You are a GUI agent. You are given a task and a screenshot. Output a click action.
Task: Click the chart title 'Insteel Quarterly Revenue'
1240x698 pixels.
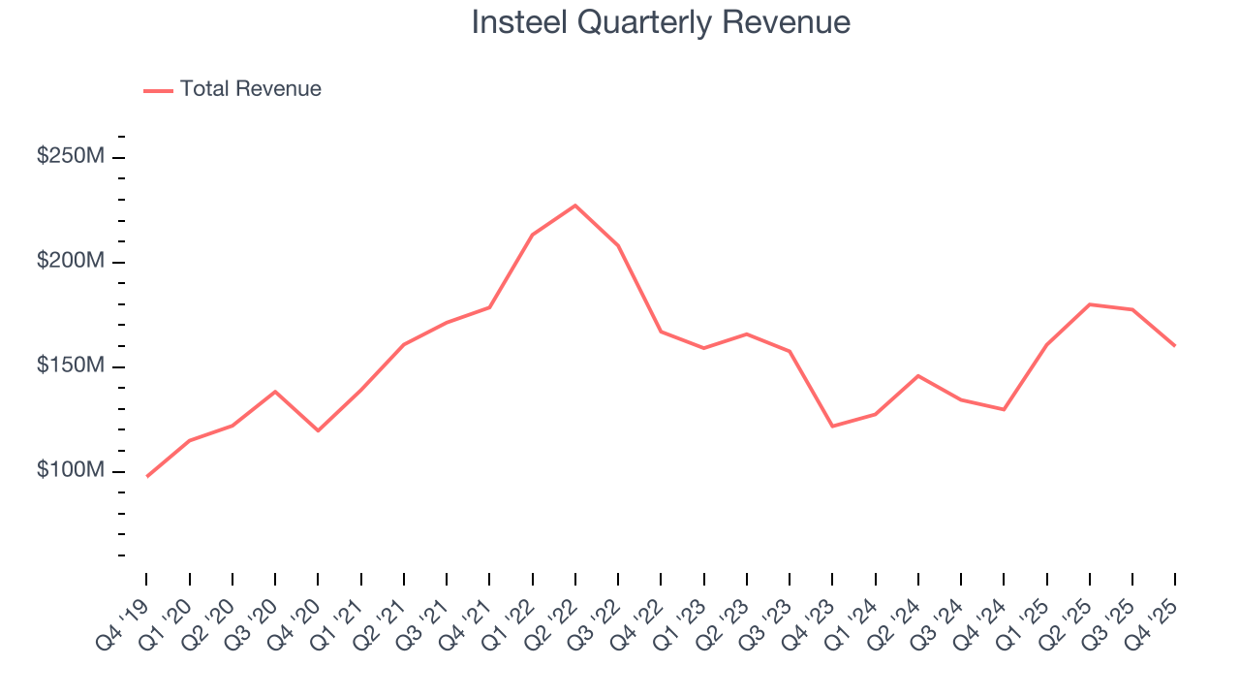tap(661, 22)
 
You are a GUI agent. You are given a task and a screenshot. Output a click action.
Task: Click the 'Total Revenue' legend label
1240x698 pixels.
tap(250, 89)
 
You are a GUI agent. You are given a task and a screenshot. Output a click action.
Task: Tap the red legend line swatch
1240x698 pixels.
tap(158, 90)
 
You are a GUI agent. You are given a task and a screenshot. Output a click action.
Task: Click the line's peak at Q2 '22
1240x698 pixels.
tap(575, 206)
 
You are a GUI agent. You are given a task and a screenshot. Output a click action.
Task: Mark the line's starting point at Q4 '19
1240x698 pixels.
tap(147, 476)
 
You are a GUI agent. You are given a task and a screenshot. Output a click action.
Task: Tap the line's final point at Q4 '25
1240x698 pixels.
tap(1175, 345)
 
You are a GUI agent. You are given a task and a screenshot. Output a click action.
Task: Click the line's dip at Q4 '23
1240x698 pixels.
tap(832, 427)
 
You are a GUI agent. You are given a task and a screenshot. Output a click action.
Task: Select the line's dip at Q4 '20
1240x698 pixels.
tap(318, 430)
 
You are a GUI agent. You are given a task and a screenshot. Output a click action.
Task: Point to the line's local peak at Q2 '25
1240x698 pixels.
tap(1090, 304)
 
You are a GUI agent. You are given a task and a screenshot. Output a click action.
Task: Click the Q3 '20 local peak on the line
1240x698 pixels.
tap(275, 392)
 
